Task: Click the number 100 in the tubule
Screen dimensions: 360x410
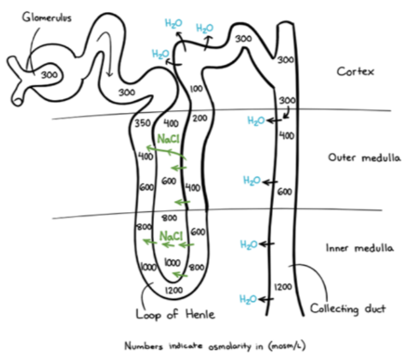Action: pyautogui.click(x=195, y=89)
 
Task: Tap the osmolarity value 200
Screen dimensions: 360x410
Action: pyautogui.click(x=200, y=117)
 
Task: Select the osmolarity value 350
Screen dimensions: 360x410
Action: pyautogui.click(x=145, y=125)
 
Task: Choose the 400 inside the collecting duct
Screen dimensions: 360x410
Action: pyautogui.click(x=287, y=136)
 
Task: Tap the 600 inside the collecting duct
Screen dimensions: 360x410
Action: pyautogui.click(x=285, y=191)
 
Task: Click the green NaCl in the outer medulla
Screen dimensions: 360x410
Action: pyautogui.click(x=169, y=139)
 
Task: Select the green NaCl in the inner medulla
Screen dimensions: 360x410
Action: pyautogui.click(x=170, y=235)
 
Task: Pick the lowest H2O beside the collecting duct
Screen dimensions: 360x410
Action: pyautogui.click(x=248, y=298)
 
